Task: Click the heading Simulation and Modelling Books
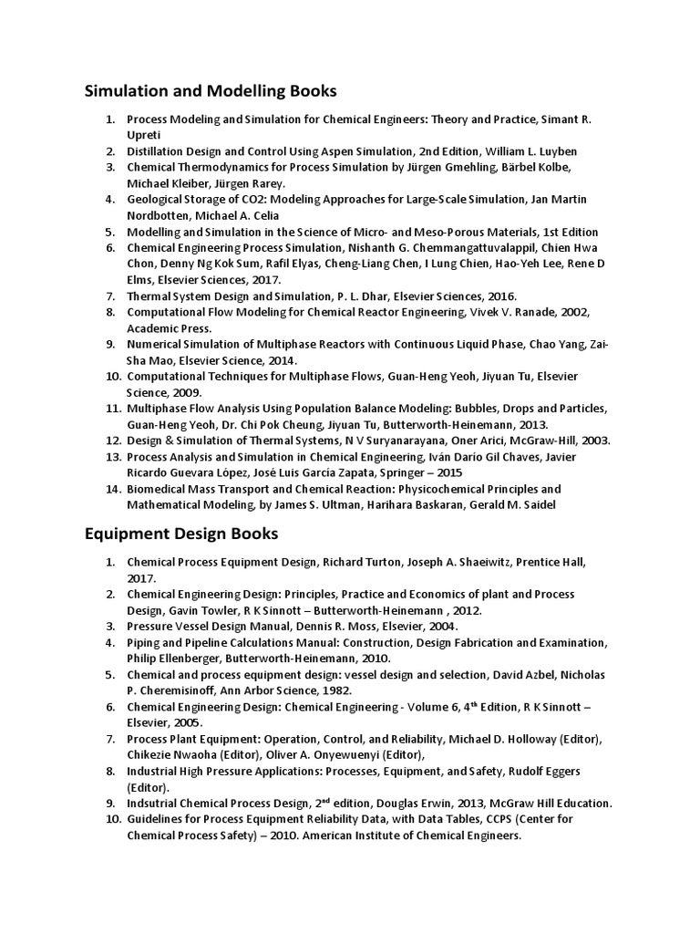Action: tap(211, 91)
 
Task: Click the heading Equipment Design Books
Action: tap(181, 532)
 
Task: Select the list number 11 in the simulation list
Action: tap(112, 408)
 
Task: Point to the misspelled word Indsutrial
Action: tap(155, 804)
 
